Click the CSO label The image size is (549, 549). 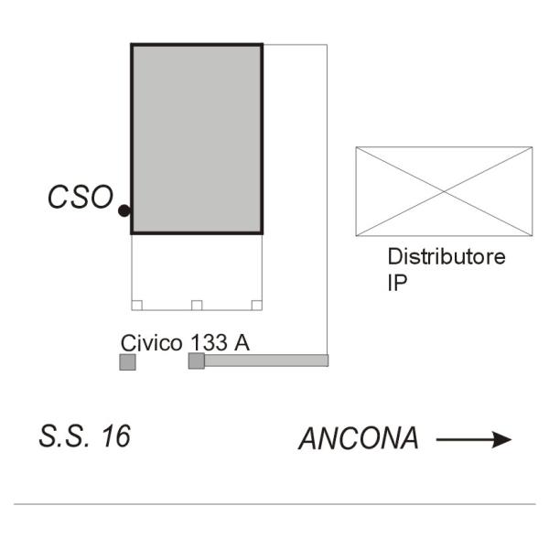click(x=81, y=198)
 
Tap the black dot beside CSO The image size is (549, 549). click(x=124, y=211)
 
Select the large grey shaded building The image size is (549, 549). click(x=197, y=138)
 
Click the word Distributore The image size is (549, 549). click(x=447, y=257)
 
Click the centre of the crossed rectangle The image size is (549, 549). click(x=444, y=191)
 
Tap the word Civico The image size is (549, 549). click(x=151, y=342)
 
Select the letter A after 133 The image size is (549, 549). click(x=242, y=342)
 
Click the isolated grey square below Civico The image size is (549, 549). click(x=127, y=362)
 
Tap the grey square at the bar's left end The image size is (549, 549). click(x=196, y=361)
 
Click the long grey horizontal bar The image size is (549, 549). click(x=265, y=361)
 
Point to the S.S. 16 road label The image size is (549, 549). click(x=84, y=436)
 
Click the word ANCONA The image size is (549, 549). click(x=359, y=439)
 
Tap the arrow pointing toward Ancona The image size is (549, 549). click(x=473, y=440)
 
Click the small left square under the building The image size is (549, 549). click(x=136, y=305)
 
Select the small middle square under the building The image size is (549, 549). click(x=196, y=305)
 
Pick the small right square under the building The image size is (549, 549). click(x=256, y=305)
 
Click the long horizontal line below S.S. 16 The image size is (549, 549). click(x=274, y=504)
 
